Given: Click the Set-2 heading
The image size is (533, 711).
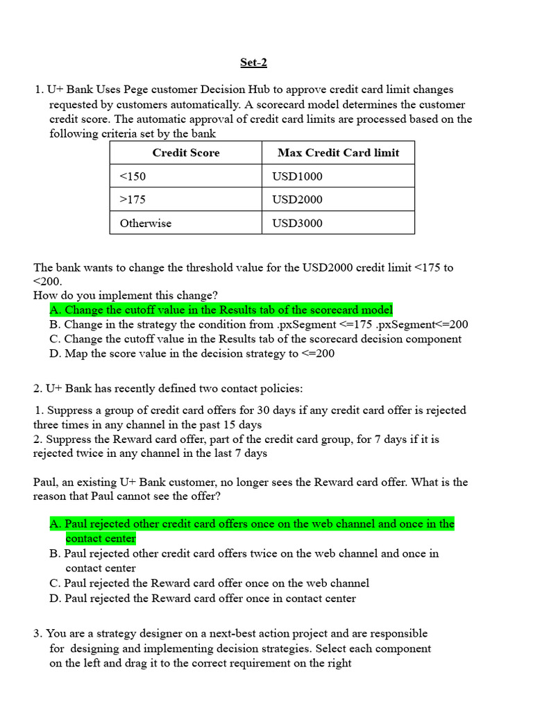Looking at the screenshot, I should point(253,62).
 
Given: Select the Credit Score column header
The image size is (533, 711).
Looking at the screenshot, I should point(185,153).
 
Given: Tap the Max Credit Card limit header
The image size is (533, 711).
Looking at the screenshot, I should point(338,153).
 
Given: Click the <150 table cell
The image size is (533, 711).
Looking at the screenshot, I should point(133,176).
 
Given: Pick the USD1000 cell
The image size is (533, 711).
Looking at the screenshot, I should point(297,176).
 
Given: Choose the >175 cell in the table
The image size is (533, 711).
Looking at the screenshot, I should point(133,199).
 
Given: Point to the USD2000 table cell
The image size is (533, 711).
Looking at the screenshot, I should point(297,199).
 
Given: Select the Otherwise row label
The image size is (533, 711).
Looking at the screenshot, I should point(145,223).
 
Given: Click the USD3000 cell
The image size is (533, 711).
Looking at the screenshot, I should point(297,223).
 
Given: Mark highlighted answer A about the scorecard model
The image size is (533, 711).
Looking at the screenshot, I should point(221,310).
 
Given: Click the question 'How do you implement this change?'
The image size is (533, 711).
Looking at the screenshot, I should point(126,295).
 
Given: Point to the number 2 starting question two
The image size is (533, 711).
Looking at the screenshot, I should point(37,387).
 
